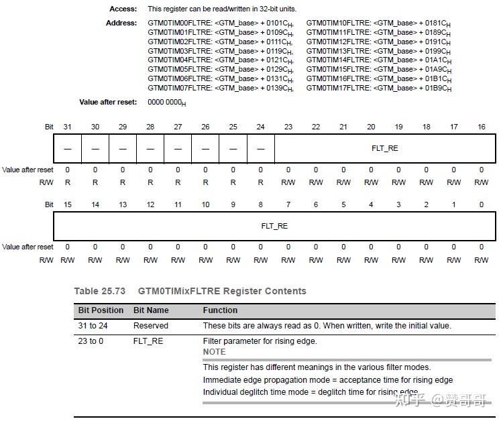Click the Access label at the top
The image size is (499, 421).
[122, 9]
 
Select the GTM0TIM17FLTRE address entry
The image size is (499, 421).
[379, 88]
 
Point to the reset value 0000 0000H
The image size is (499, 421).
[166, 103]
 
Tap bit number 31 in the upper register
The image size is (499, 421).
[67, 127]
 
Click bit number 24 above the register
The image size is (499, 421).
[260, 127]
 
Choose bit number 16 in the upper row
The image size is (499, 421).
[481, 127]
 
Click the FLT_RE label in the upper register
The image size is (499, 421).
[384, 148]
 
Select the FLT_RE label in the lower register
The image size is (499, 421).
[274, 226]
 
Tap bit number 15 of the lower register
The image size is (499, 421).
[67, 204]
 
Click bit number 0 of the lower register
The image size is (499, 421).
[481, 204]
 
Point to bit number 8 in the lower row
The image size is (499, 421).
[260, 204]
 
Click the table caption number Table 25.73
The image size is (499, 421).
[100, 291]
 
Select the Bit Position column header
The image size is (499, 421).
[101, 310]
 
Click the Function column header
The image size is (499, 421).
[220, 310]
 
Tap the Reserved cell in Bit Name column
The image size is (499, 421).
[151, 326]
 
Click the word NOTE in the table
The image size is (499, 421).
[215, 351]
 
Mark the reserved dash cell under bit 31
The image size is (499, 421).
[67, 149]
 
